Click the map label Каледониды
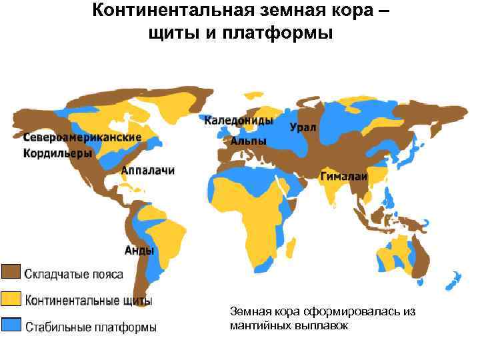[238, 121]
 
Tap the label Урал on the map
[303, 127]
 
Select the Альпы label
[248, 141]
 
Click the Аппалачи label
[148, 171]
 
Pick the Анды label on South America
[139, 251]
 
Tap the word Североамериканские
[82, 137]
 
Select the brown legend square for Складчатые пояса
[11, 272]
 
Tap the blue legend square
[11, 325]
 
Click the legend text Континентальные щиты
[89, 301]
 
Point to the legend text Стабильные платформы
[91, 327]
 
